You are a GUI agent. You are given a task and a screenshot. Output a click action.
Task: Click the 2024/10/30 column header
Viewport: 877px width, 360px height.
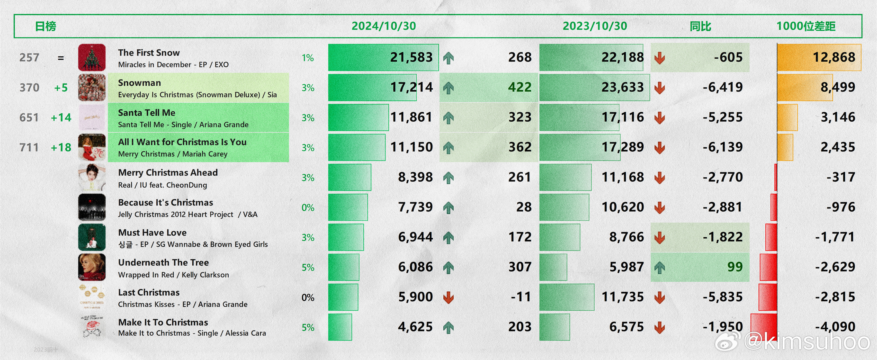pyautogui.click(x=384, y=26)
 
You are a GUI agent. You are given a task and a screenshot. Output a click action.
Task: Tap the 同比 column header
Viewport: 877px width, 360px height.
pyautogui.click(x=700, y=26)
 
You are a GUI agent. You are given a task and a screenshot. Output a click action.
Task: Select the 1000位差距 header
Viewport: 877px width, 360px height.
pyautogui.click(x=806, y=26)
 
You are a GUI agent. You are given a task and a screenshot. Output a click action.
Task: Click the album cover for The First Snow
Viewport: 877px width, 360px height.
pyautogui.click(x=92, y=57)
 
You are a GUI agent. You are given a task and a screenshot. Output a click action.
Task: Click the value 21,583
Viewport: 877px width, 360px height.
pyautogui.click(x=411, y=57)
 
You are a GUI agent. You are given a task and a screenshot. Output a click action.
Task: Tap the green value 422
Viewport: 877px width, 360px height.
pyautogui.click(x=520, y=87)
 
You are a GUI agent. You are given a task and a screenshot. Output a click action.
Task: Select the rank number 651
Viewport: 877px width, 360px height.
pyautogui.click(x=29, y=118)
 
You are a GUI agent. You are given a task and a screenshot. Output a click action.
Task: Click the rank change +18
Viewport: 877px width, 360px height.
pyautogui.click(x=61, y=147)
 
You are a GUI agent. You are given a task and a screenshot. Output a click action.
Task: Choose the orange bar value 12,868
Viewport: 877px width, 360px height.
pyautogui.click(x=834, y=57)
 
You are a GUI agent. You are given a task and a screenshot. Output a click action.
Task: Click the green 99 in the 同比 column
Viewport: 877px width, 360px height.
pyautogui.click(x=735, y=267)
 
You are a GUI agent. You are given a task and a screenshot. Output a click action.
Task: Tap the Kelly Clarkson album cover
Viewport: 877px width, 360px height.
pyautogui.click(x=92, y=267)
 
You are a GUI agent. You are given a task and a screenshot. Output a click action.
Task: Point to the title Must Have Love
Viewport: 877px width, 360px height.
pyautogui.click(x=152, y=232)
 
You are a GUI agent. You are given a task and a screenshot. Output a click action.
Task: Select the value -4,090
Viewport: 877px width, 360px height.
pyautogui.click(x=835, y=327)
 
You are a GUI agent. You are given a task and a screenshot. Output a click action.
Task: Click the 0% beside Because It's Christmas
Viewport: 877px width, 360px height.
pyautogui.click(x=308, y=208)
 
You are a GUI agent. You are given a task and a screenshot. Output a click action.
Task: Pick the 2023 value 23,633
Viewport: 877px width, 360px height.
pyautogui.click(x=622, y=87)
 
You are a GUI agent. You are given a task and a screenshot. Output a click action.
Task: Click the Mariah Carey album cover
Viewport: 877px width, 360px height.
pyautogui.click(x=92, y=147)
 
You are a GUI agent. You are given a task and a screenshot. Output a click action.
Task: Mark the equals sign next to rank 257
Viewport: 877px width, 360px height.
pyautogui.click(x=61, y=58)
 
